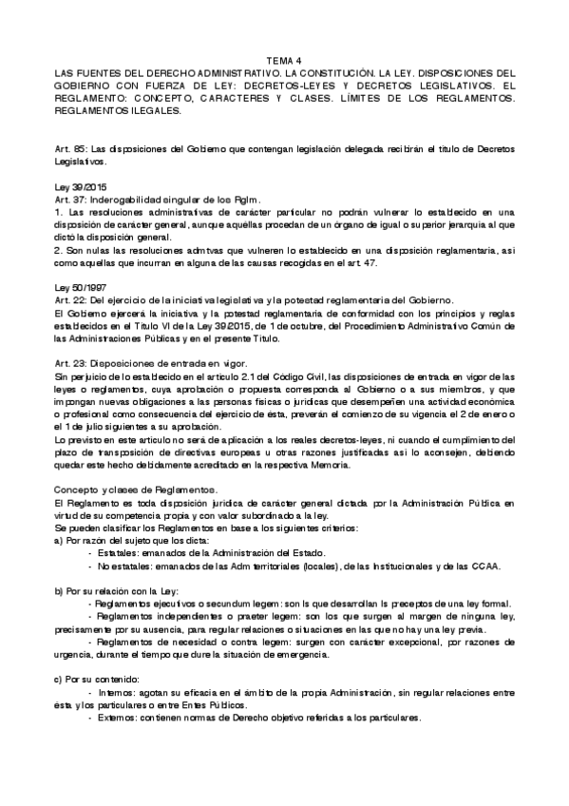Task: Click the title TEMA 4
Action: click(x=284, y=60)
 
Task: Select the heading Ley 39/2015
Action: click(x=80, y=188)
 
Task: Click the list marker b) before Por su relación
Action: click(x=59, y=590)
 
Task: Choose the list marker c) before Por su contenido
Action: click(x=59, y=680)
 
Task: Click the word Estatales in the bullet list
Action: click(x=119, y=552)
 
